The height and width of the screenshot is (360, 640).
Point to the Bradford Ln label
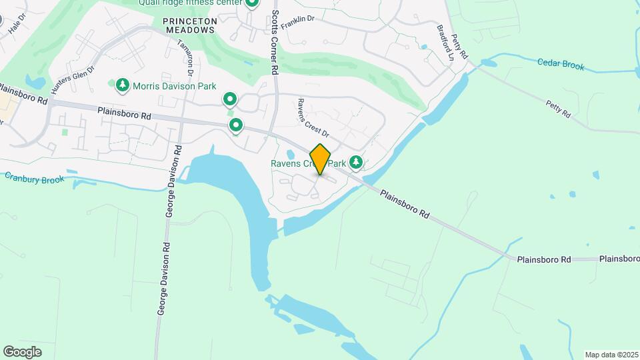click(445, 43)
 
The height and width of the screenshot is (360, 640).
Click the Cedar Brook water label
click(561, 65)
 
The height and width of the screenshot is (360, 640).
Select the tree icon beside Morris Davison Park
click(122, 85)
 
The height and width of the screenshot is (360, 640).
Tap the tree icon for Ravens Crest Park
click(357, 162)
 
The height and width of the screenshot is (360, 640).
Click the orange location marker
click(320, 159)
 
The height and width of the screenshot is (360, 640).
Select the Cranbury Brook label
click(35, 178)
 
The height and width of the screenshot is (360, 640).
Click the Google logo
click(22, 352)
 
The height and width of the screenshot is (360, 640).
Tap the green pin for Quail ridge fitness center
click(251, 3)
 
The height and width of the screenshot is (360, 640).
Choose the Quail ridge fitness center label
click(188, 3)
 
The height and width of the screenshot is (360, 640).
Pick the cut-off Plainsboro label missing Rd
click(619, 259)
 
